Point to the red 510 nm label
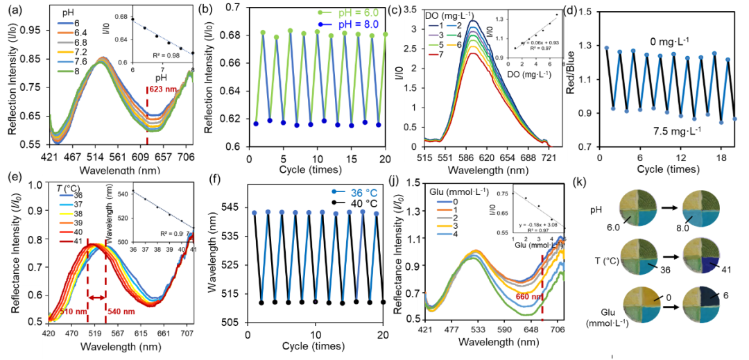pos(75,312)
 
